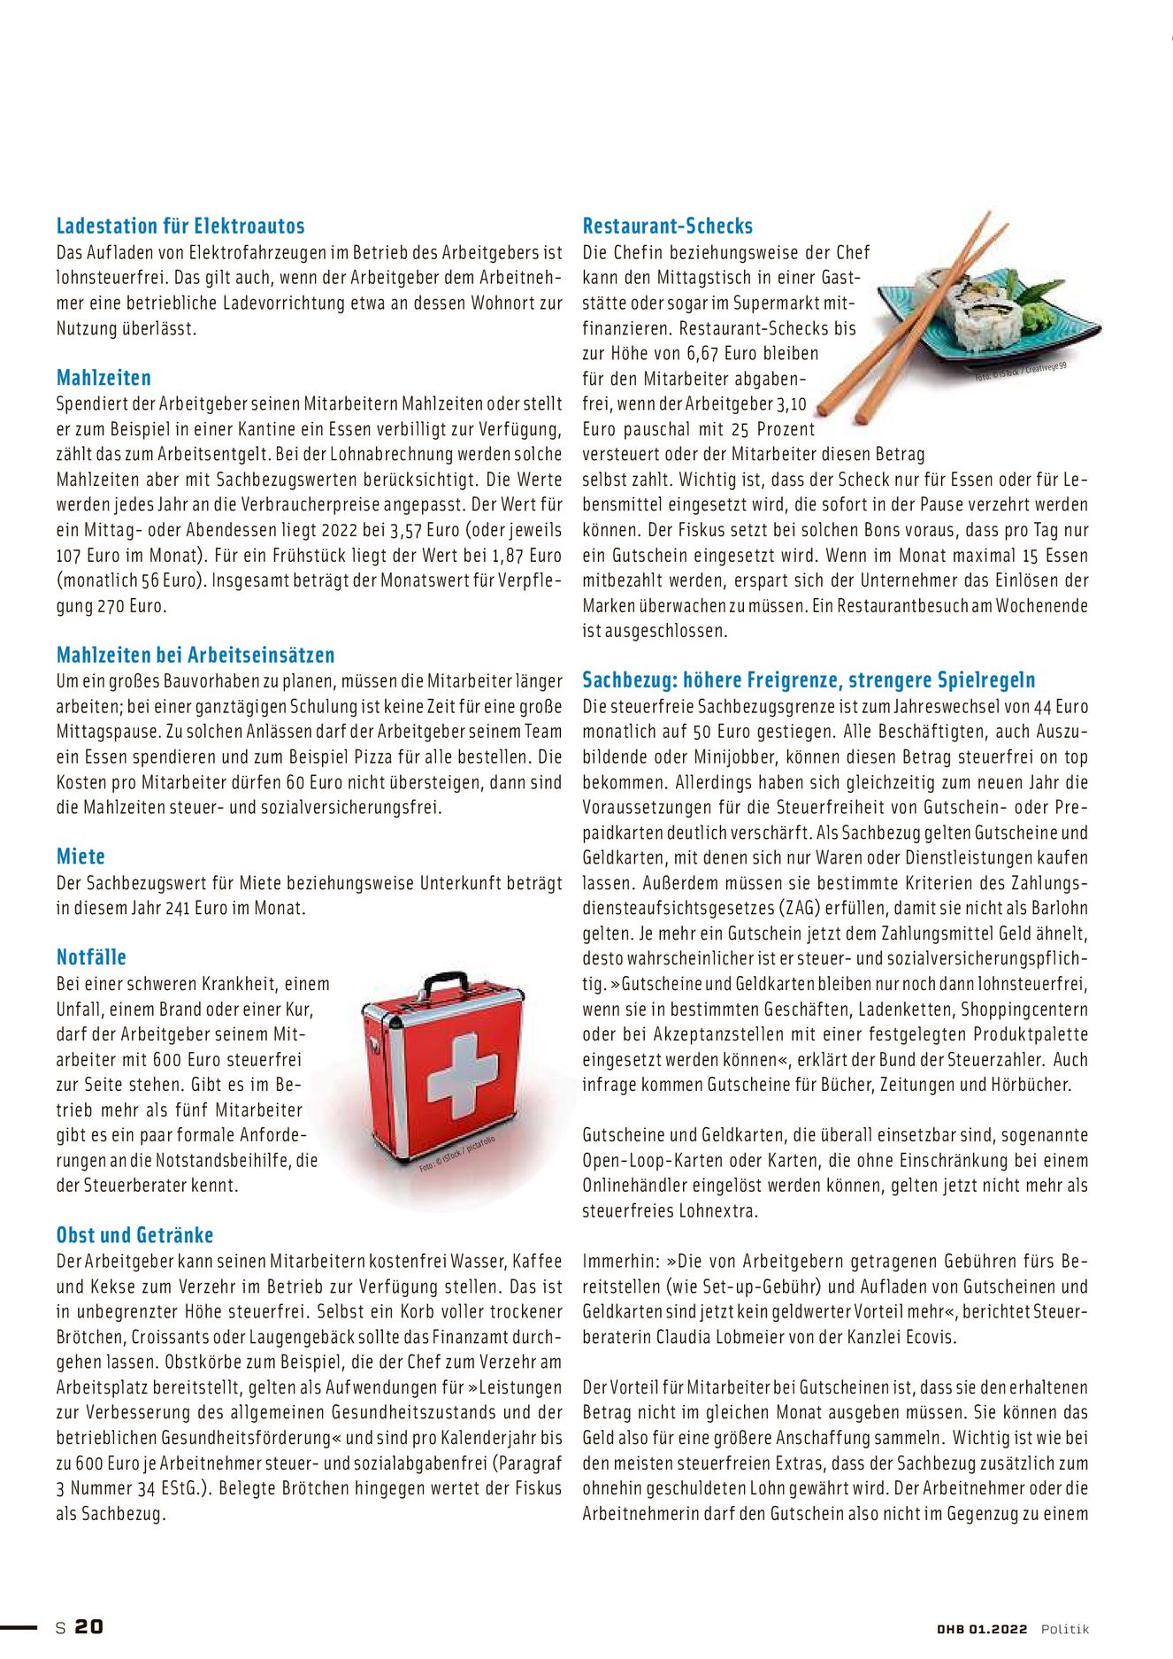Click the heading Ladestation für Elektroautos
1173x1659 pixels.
[x=180, y=226]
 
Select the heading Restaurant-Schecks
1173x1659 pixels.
[x=667, y=226]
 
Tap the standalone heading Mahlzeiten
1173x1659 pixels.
[x=103, y=378]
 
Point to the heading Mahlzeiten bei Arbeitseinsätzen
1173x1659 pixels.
[x=195, y=655]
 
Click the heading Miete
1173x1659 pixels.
[x=80, y=856]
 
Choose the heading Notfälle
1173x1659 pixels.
[x=91, y=956]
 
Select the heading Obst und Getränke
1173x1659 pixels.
[x=134, y=1235]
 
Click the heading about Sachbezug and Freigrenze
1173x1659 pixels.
[x=809, y=680]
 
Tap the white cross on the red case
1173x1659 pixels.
[x=462, y=1075]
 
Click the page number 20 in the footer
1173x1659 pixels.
[x=88, y=1627]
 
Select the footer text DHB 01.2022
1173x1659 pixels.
[x=982, y=1629]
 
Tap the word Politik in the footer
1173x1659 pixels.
[x=1064, y=1629]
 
